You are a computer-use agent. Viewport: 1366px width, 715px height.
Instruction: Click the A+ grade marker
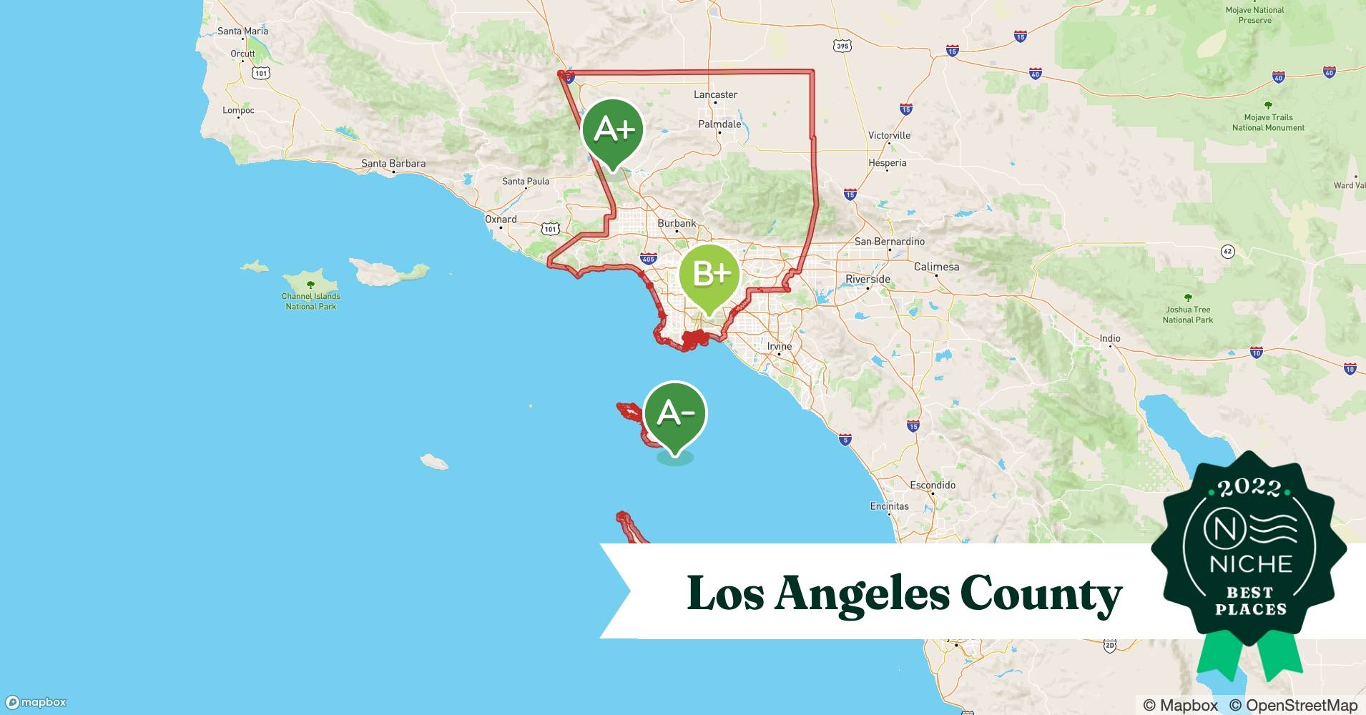(x=613, y=131)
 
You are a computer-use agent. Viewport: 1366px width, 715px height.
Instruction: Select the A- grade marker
(x=674, y=413)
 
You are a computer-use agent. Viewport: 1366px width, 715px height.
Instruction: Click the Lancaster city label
(x=715, y=94)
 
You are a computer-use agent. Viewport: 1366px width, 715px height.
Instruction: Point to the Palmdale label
(x=719, y=124)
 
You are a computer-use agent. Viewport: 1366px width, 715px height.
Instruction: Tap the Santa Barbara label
(x=393, y=164)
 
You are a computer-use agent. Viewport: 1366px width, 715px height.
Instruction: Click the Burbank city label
(x=677, y=223)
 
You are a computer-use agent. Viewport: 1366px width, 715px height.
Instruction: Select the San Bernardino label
(x=890, y=242)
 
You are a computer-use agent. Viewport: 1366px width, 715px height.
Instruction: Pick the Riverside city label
(x=868, y=279)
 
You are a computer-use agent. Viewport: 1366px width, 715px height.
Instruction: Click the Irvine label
(x=780, y=346)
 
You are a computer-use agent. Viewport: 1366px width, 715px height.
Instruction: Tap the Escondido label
(x=933, y=485)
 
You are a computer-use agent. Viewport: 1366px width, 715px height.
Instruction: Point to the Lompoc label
(x=238, y=110)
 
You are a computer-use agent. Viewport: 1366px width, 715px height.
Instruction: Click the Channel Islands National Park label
(x=311, y=301)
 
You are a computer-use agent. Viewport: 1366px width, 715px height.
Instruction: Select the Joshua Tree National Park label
(x=1188, y=315)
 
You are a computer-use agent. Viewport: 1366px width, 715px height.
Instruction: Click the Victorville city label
(x=889, y=135)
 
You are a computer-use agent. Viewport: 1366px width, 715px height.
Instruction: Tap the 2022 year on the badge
(x=1250, y=488)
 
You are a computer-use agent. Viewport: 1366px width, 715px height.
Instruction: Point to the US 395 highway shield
(x=842, y=46)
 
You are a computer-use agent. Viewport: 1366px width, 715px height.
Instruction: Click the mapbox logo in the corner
(x=36, y=702)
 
